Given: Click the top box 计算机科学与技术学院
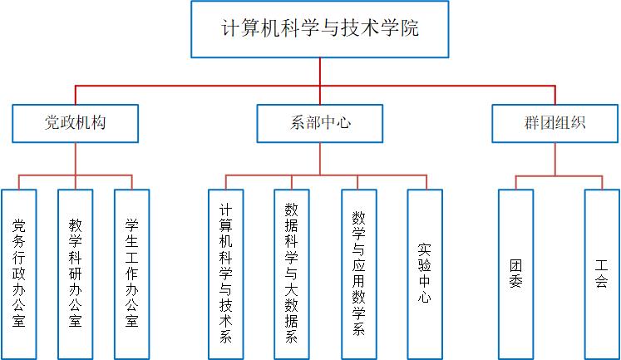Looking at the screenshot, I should pos(321,28).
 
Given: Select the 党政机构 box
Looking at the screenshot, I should pos(75,122).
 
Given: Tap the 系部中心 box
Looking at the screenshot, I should pos(320,122).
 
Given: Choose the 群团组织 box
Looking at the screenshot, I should pos(554,122).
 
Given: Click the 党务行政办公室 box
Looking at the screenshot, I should pos(19,272).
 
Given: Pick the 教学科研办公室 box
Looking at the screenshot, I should pos(76,272).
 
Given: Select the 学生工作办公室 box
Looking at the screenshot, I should pos(131,272).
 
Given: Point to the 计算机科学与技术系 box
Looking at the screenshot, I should pos(225,272).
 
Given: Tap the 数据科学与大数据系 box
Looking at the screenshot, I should pos(292,272).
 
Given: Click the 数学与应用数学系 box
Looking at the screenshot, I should pos(358,272).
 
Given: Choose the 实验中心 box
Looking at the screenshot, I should pos(425,272).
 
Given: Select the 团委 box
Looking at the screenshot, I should pos(515,272).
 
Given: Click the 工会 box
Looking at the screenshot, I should pos(602,272).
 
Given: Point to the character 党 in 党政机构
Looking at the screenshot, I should pos(52,123).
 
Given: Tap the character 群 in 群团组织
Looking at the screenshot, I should pos(532,123).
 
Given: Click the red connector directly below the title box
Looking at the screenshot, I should pos(321,72).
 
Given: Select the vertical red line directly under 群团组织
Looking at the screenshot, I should pos(554,158).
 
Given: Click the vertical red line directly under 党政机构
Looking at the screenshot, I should pos(75,158).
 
